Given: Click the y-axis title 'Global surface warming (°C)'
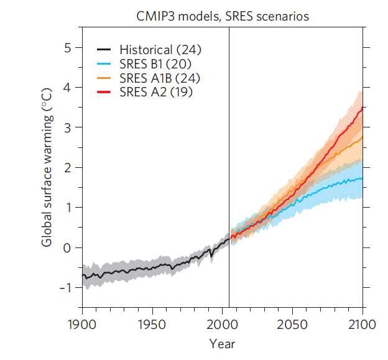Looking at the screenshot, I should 48,167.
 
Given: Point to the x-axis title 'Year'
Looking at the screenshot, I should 222,343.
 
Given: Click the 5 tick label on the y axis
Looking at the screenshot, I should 69,47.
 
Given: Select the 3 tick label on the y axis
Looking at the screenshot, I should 69,127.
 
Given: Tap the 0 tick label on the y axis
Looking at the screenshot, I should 69,247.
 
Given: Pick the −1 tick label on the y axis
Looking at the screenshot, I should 66,287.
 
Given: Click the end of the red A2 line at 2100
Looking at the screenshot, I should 363,107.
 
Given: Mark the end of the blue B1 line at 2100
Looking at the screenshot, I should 363,178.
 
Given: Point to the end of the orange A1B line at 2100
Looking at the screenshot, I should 363,136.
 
